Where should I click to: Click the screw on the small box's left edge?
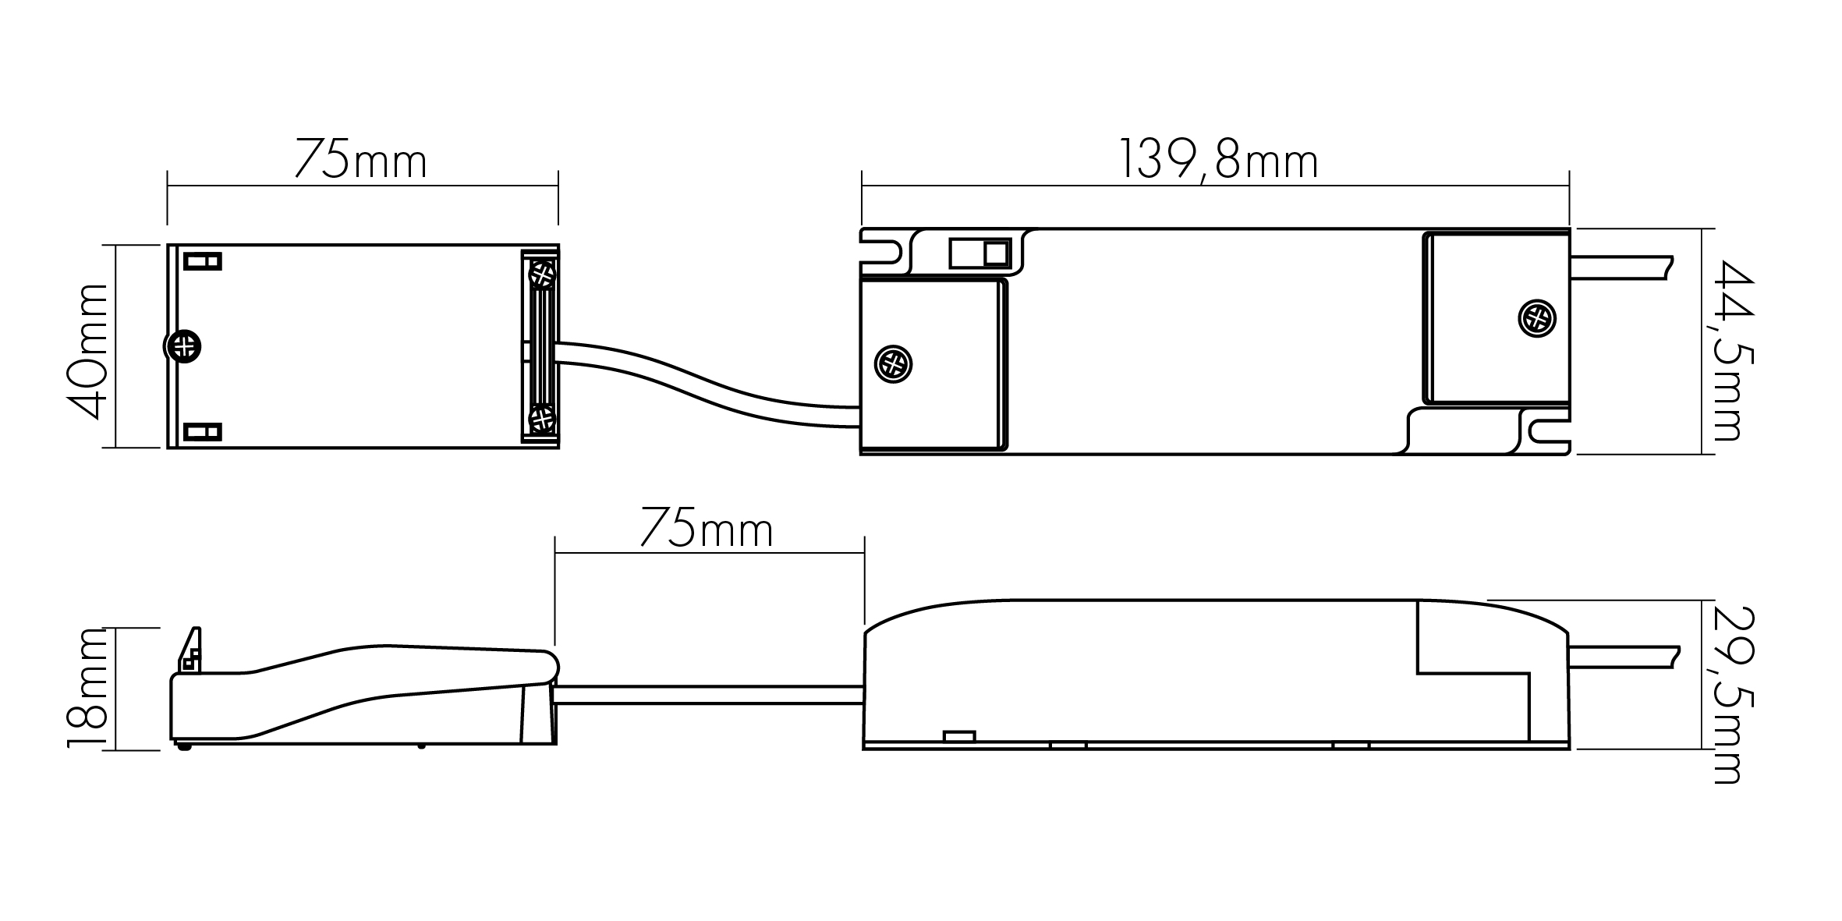pos(183,346)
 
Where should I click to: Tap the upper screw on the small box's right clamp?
pos(542,274)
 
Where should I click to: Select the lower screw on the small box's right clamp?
pos(542,419)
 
